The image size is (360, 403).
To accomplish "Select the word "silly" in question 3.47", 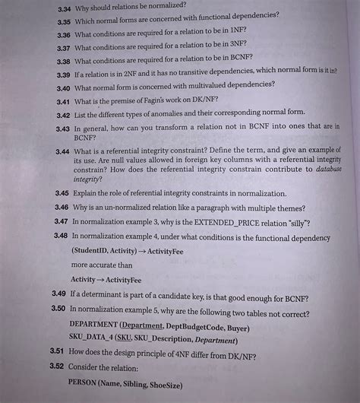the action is [295, 222].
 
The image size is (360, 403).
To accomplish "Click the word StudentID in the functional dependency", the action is [93, 250].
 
